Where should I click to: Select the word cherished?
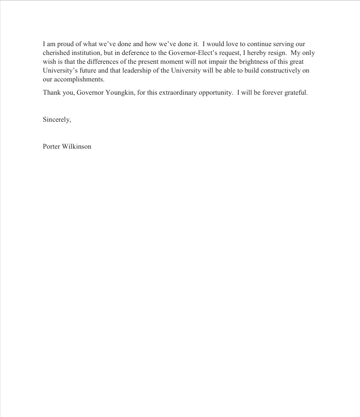pyautogui.click(x=57, y=53)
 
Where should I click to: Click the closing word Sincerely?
pyautogui.click(x=57, y=120)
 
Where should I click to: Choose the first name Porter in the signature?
pyautogui.click(x=52, y=146)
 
